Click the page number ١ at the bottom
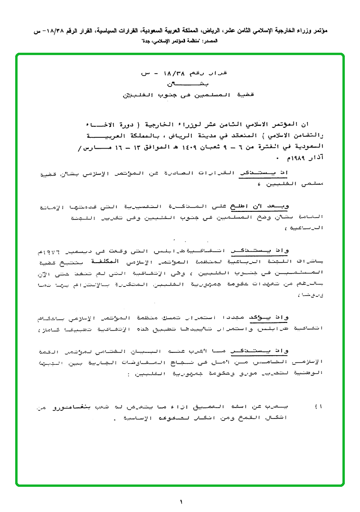coord(181,502)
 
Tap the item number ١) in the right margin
coord(319,408)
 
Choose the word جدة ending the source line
coord(147,42)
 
